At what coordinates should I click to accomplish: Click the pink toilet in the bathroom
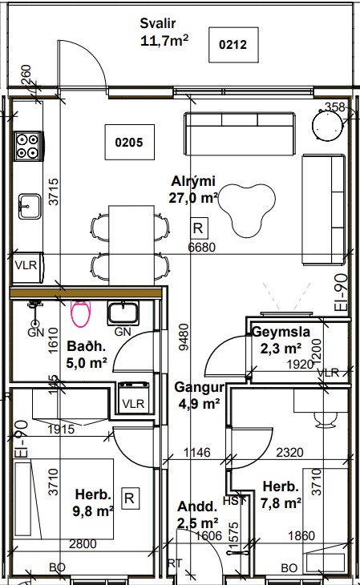[81, 313]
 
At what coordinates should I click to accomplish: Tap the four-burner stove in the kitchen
[28, 146]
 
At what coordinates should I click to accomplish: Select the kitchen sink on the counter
[30, 206]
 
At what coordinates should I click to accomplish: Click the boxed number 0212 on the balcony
[233, 44]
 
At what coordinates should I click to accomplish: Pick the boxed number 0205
[129, 142]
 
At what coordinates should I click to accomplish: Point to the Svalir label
[158, 23]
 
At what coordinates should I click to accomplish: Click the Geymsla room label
[281, 332]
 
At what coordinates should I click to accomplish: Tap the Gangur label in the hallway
[199, 387]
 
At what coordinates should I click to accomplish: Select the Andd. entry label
[197, 506]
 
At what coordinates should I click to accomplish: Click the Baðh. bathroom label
[87, 346]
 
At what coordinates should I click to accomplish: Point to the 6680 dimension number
[202, 247]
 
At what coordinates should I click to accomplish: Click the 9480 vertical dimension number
[184, 337]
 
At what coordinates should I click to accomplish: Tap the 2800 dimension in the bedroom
[83, 544]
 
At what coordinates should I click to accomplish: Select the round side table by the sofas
[327, 126]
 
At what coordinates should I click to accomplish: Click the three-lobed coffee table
[247, 211]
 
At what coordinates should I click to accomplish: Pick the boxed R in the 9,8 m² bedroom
[129, 498]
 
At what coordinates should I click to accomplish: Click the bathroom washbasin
[123, 313]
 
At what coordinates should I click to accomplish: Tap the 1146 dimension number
[196, 453]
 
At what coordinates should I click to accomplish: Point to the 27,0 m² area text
[193, 197]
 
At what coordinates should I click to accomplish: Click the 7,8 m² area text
[281, 503]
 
